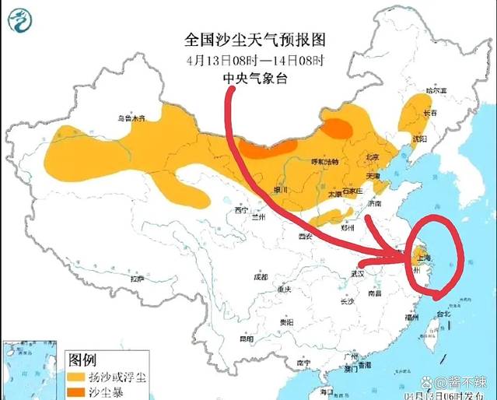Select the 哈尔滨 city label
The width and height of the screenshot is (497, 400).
pos(437,92)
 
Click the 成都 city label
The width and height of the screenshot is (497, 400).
pos(260,277)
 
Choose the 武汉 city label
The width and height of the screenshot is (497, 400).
pos(358,273)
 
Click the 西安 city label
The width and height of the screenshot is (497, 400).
pos(303,235)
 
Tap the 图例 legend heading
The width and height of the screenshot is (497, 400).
pos(82,360)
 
